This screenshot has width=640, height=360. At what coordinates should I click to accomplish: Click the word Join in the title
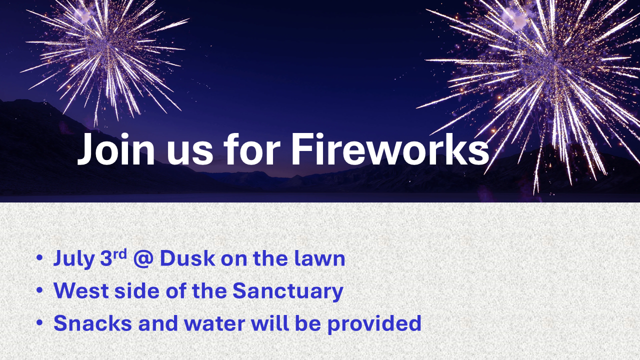click(116, 149)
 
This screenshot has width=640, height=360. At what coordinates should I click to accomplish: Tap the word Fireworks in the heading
click(390, 149)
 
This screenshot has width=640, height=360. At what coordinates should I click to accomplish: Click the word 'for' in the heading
click(251, 149)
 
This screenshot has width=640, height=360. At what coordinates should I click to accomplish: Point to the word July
click(74, 259)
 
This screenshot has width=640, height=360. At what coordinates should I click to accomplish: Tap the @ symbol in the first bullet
click(143, 259)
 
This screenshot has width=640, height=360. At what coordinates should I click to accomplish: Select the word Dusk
click(187, 258)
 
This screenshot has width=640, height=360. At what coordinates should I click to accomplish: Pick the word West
click(81, 290)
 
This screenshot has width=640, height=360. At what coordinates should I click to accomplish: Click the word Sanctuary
click(287, 291)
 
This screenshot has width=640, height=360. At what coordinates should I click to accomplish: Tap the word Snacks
click(92, 323)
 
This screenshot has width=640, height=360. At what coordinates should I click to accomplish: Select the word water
click(214, 323)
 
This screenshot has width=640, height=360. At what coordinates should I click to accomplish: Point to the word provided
click(374, 323)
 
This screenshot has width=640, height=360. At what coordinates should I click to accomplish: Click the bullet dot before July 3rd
click(39, 258)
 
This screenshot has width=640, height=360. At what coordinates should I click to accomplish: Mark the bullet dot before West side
click(39, 290)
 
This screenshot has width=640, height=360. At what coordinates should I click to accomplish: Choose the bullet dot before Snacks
click(39, 323)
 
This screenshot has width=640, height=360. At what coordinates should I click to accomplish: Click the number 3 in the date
click(105, 258)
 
